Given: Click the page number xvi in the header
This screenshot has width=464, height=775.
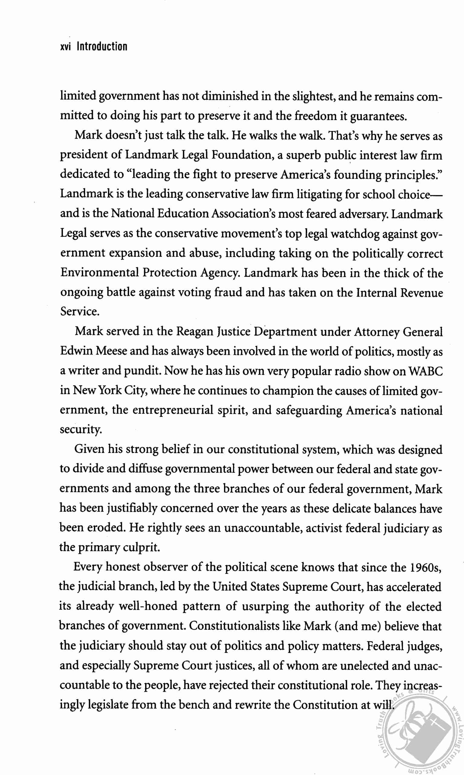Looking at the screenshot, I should pyautogui.click(x=65, y=47).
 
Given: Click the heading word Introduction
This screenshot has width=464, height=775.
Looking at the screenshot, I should pyautogui.click(x=102, y=46).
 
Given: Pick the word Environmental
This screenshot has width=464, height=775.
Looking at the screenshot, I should pyautogui.click(x=99, y=273).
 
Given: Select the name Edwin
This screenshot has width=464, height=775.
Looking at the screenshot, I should pyautogui.click(x=76, y=351).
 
